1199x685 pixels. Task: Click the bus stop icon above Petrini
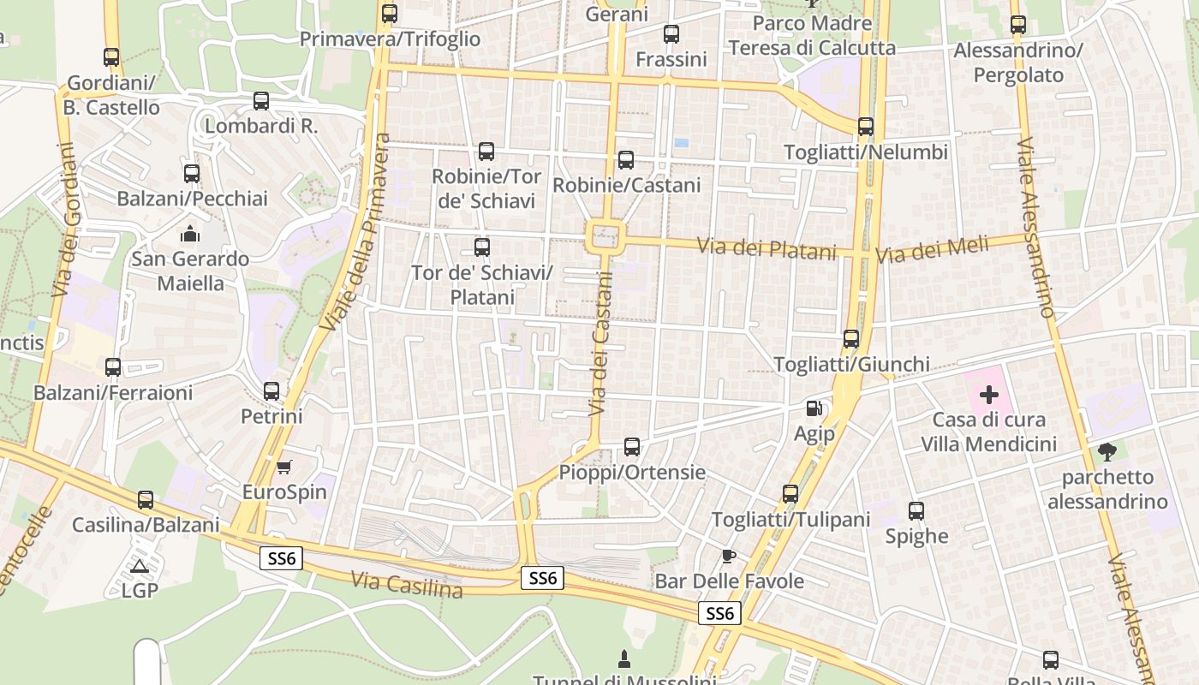pos(271,391)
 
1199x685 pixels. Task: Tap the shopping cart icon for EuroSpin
pos(284,467)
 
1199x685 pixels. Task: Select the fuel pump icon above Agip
pos(814,409)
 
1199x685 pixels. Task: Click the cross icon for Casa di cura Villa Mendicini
pos(989,395)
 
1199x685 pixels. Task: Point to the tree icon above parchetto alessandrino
pos(1107,451)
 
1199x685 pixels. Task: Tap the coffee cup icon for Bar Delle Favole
pos(728,557)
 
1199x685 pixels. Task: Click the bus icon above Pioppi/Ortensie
pos(632,446)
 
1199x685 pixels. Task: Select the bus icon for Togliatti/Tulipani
pos(790,494)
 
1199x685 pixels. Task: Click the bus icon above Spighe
pos(916,511)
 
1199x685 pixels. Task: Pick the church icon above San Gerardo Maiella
pos(190,233)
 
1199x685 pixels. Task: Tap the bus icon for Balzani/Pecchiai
pos(192,174)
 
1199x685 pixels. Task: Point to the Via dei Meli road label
pos(932,251)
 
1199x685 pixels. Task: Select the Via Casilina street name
pos(407,586)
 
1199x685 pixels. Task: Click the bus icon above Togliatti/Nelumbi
pos(866,127)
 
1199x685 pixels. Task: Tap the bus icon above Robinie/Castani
pos(626,160)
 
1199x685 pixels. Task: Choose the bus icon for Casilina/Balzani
pos(146,500)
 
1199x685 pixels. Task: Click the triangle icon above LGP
pos(139,566)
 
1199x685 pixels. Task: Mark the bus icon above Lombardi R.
pos(261,101)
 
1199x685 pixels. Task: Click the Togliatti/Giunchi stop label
pos(851,365)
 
